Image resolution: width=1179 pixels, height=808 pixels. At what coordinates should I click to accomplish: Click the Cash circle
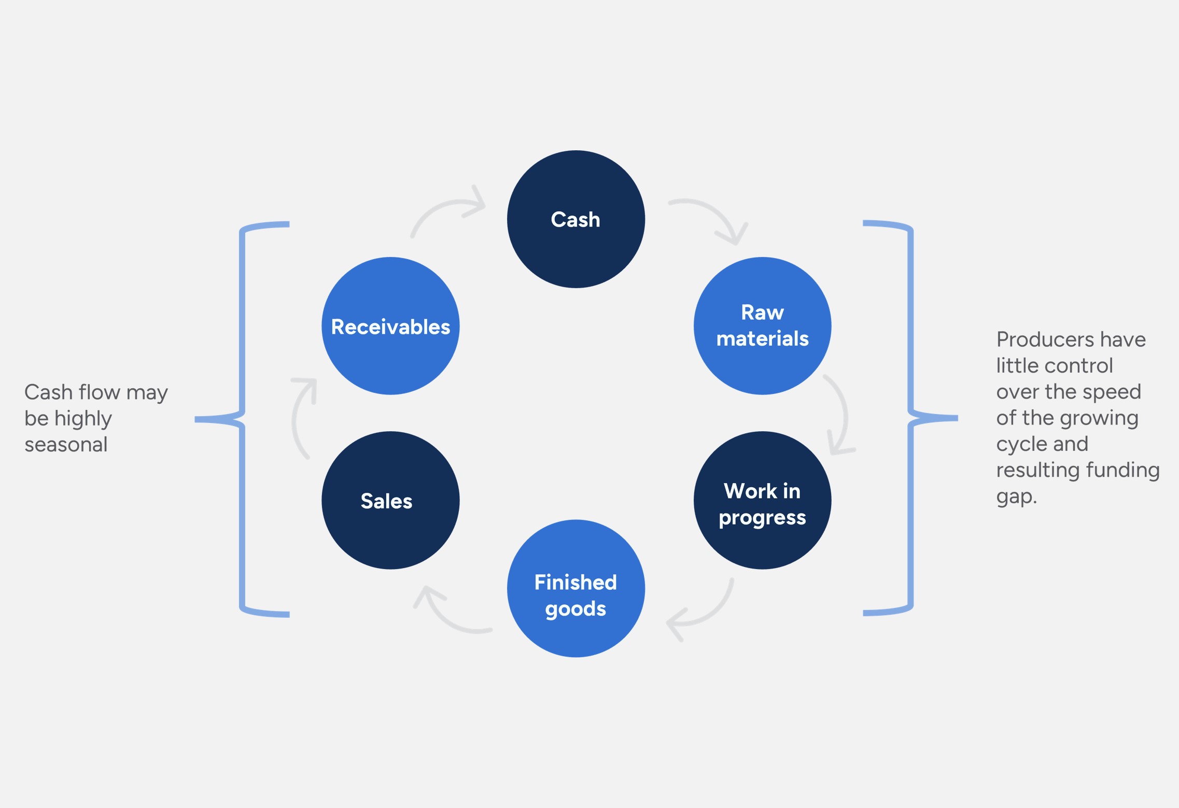[576, 219]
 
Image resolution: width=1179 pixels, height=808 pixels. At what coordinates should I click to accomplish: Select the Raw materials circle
[762, 325]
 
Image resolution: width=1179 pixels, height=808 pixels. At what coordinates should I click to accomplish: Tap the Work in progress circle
[762, 500]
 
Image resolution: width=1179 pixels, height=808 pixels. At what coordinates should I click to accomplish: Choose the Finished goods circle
[576, 588]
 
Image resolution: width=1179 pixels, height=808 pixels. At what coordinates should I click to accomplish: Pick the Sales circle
[390, 500]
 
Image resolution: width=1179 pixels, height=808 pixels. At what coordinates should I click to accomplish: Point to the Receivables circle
[390, 325]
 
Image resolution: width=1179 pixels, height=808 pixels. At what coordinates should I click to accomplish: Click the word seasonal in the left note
[66, 445]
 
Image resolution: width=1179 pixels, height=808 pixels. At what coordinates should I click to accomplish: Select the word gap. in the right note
[1016, 497]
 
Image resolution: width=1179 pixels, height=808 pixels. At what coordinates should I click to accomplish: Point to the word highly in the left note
[83, 419]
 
